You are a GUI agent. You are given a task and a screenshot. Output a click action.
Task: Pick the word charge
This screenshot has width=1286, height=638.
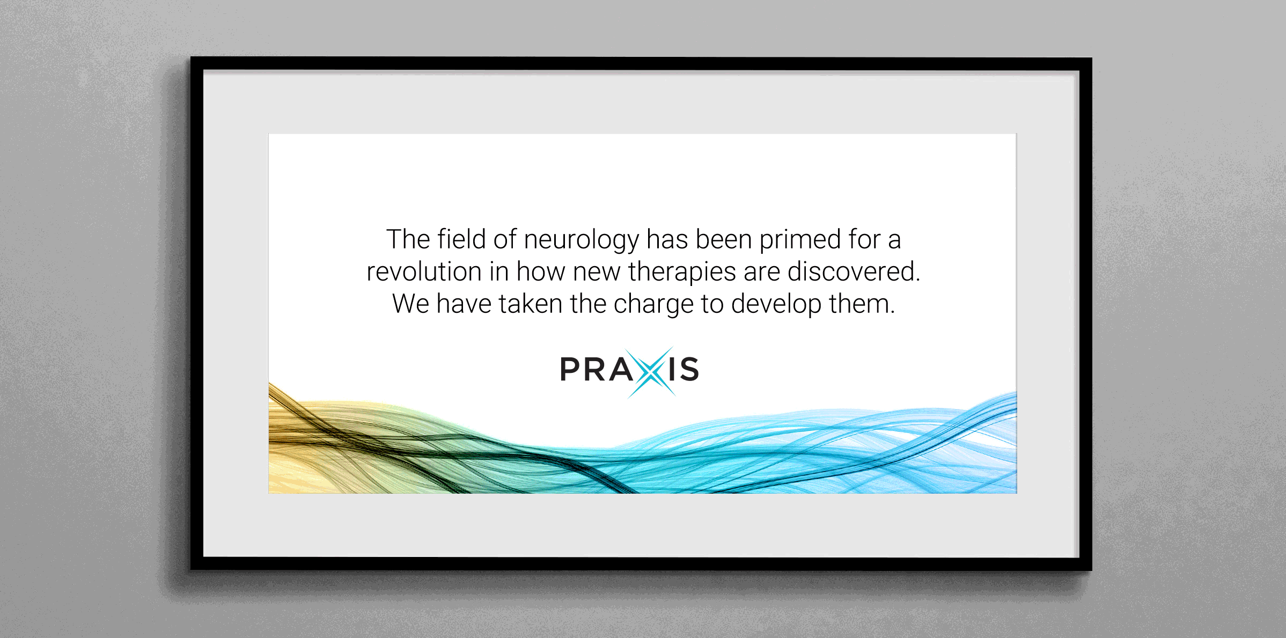pyautogui.click(x=653, y=305)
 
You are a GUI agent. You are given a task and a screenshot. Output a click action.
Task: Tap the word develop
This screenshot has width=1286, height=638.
pyautogui.click(x=776, y=305)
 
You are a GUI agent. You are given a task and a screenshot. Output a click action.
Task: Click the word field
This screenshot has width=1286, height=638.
pyautogui.click(x=461, y=239)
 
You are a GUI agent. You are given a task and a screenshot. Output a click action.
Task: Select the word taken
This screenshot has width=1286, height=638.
pyautogui.click(x=531, y=304)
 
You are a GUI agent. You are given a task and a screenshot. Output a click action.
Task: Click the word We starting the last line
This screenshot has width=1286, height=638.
pyautogui.click(x=410, y=304)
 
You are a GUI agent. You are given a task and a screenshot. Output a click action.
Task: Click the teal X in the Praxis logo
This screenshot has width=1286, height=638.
pyautogui.click(x=650, y=371)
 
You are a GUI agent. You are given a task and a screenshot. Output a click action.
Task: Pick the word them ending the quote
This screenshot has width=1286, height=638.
pyautogui.click(x=862, y=304)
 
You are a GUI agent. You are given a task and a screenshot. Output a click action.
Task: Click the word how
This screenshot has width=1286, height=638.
pyautogui.click(x=541, y=272)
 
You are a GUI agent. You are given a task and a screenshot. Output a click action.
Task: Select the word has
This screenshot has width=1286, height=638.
pyautogui.click(x=667, y=239)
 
